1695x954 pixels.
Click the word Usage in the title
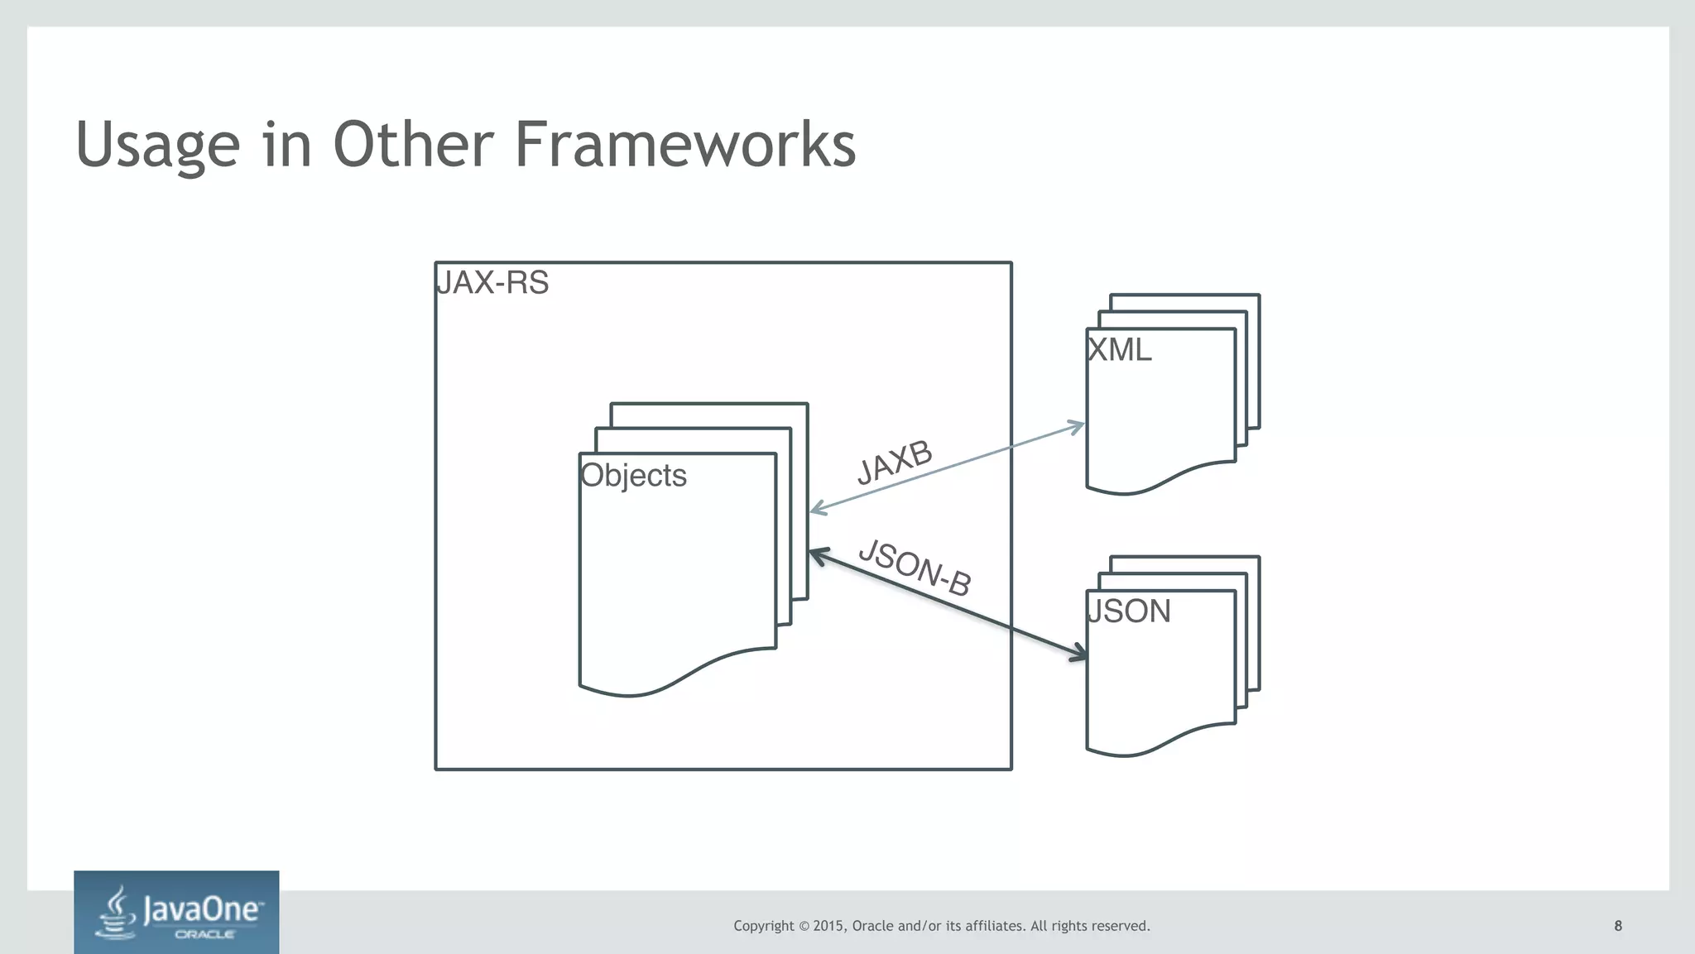pyautogui.click(x=157, y=146)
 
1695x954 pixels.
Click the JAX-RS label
pyautogui.click(x=492, y=283)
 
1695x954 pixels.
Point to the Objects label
pyautogui.click(x=633, y=476)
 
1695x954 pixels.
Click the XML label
pyautogui.click(x=1119, y=350)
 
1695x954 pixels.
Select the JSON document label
pyautogui.click(x=1128, y=611)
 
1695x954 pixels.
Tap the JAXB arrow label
pyautogui.click(x=895, y=463)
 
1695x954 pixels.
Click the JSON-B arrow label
pyautogui.click(x=915, y=567)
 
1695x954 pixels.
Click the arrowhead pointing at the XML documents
pyautogui.click(x=1078, y=427)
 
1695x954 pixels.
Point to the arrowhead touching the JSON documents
pyautogui.click(x=1079, y=654)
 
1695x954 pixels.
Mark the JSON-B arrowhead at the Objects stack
pyautogui.click(x=816, y=554)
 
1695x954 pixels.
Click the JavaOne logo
pyautogui.click(x=176, y=912)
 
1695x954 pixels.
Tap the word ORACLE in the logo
pyautogui.click(x=204, y=935)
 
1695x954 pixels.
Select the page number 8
pyautogui.click(x=1618, y=926)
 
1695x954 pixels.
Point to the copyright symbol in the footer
pyautogui.click(x=803, y=926)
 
